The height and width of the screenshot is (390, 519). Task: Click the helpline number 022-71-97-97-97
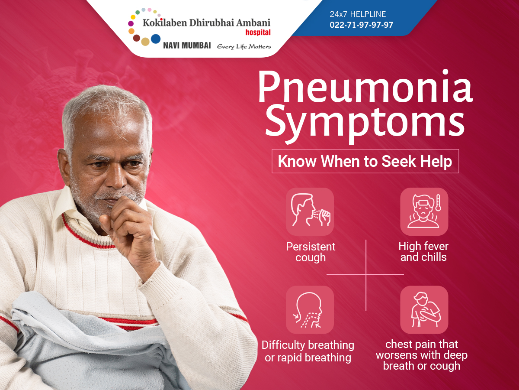(x=361, y=25)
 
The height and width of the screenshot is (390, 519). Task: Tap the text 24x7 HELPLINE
(x=358, y=14)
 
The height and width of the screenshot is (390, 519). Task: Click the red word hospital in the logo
(x=258, y=32)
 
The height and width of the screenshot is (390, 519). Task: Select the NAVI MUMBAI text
(x=187, y=45)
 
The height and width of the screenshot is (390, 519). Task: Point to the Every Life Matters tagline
(x=244, y=46)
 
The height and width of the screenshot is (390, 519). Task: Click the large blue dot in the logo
(x=156, y=39)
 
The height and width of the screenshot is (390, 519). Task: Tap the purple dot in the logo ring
(x=131, y=23)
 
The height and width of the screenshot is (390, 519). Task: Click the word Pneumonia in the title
(x=365, y=87)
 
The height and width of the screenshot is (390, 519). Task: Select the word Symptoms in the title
(x=365, y=123)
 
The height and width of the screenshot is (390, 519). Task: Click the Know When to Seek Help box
(x=365, y=161)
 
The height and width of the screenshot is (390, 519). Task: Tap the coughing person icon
(x=310, y=211)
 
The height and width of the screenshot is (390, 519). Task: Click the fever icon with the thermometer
(x=424, y=211)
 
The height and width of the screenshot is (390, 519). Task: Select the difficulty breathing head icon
(x=310, y=310)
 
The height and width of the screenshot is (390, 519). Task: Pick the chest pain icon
(x=424, y=310)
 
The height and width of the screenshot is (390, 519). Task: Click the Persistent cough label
(x=311, y=252)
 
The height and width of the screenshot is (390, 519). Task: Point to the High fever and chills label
(x=423, y=251)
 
